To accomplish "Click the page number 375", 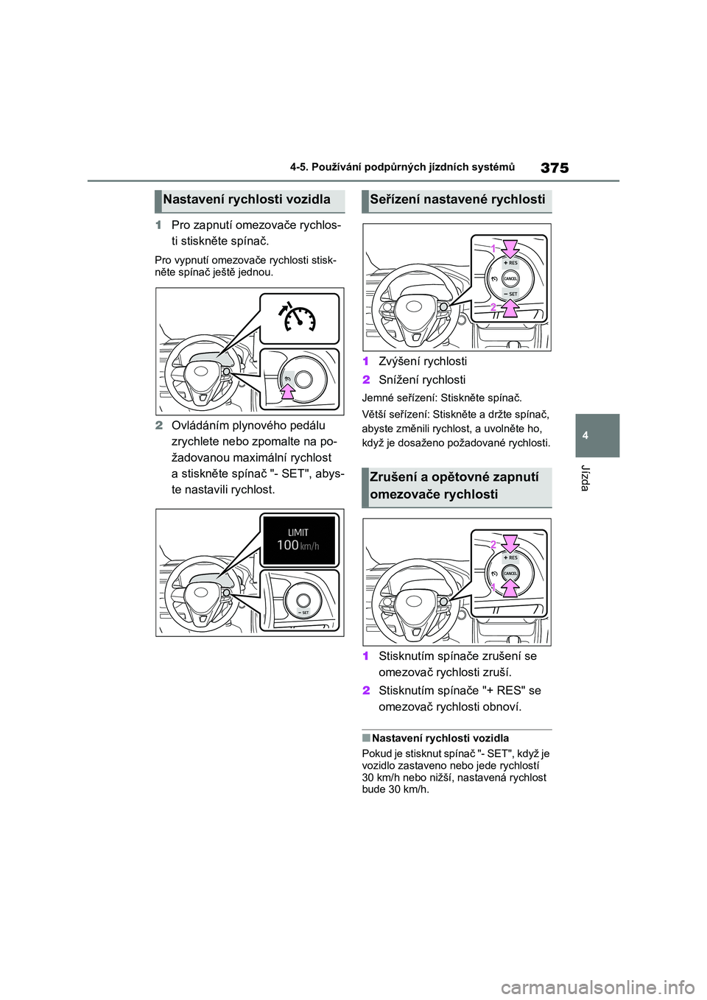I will coord(555,168).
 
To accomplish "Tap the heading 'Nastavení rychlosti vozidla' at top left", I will coord(247,200).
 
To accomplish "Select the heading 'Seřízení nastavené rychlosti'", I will coord(457,200).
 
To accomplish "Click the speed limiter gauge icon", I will coord(297,318).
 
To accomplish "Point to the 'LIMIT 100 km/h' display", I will coord(298,540).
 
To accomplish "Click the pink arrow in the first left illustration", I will coord(286,390).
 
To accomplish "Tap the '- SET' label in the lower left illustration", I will coord(303,612).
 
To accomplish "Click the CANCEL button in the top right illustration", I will coord(510,278).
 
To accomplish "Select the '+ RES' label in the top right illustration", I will coord(510,263).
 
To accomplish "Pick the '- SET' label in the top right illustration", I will coord(511,294).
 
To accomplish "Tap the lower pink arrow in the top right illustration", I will coord(510,307).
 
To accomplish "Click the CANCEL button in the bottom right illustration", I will coord(510,573).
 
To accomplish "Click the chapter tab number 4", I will coord(585,435).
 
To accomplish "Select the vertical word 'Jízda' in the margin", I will coord(585,478).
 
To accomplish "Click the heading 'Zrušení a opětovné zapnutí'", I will coord(454,477).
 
